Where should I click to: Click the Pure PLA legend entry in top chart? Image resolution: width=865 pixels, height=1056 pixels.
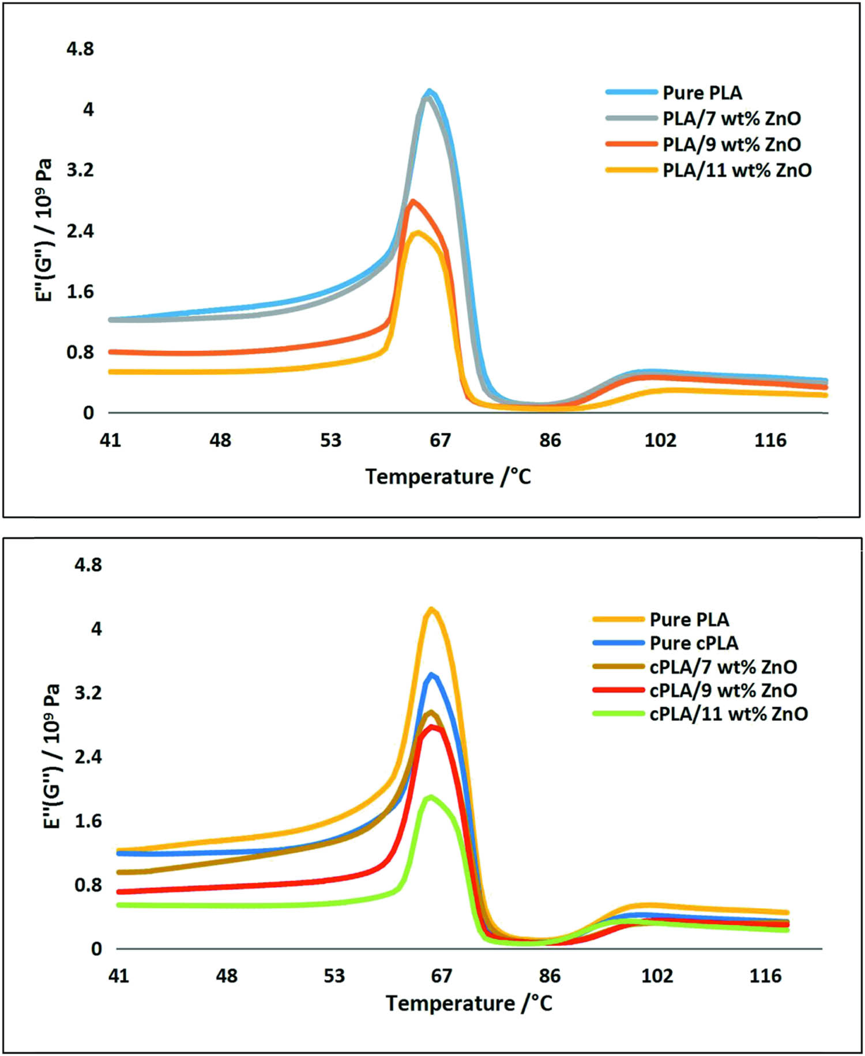[x=702, y=93]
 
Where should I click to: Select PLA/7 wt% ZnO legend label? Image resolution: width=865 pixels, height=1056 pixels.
[x=731, y=119]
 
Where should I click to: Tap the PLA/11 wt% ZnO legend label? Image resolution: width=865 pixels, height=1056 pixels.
[x=736, y=171]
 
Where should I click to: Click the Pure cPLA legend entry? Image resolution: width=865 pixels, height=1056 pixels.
[x=694, y=643]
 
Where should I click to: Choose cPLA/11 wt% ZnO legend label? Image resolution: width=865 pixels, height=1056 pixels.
[x=728, y=714]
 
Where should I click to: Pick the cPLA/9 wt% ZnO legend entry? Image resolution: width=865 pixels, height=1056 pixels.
[x=723, y=690]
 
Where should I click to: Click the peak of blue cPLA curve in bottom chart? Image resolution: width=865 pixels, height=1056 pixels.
[x=431, y=675]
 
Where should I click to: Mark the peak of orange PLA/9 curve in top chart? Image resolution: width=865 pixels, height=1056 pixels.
[x=412, y=201]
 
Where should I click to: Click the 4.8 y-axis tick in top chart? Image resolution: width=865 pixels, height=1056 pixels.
[x=80, y=50]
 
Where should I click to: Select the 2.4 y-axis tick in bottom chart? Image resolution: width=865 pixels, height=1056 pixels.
[x=88, y=756]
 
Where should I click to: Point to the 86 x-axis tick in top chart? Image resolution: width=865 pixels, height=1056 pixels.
[x=550, y=441]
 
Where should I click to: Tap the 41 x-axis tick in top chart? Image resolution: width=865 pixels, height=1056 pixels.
[x=110, y=441]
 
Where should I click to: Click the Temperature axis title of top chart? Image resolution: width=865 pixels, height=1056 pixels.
[x=448, y=477]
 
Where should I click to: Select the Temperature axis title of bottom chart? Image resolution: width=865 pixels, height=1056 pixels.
[x=469, y=1003]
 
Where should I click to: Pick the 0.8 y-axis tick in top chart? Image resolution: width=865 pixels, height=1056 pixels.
[x=80, y=352]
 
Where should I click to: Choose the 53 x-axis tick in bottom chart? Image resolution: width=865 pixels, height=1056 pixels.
[x=334, y=976]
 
